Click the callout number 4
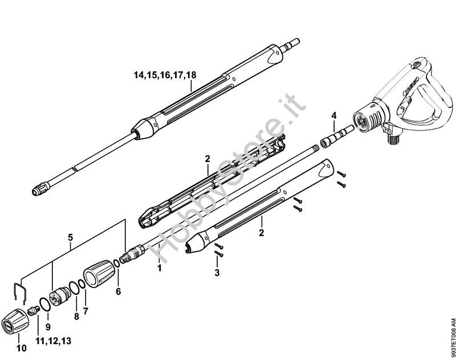334,116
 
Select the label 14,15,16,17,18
165,75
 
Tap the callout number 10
22,348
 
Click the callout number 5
70,237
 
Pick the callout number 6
118,291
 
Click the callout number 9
48,327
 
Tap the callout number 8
76,317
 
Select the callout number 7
85,311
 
